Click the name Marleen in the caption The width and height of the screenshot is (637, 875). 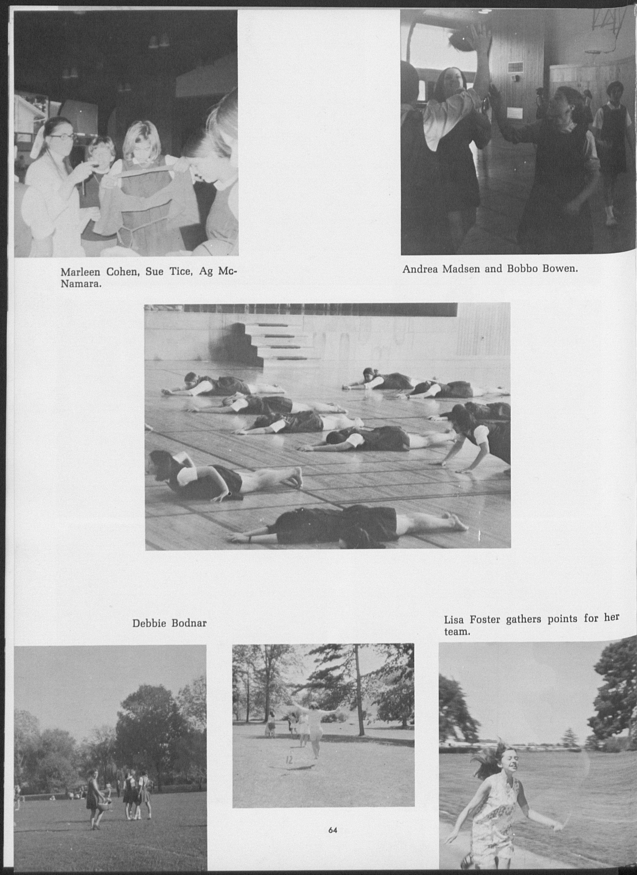tap(80, 272)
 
